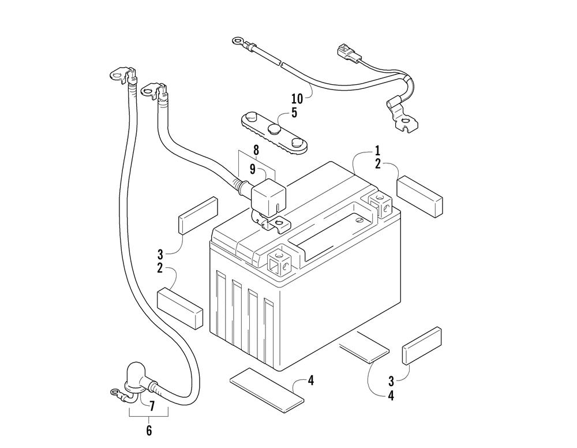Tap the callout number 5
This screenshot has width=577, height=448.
(294, 112)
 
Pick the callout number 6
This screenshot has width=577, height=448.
(148, 430)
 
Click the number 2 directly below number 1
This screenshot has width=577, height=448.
(377, 165)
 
